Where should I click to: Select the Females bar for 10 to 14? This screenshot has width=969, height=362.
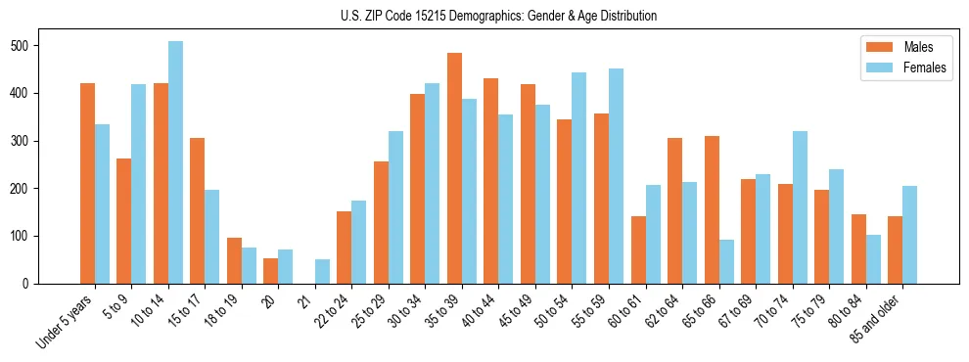pos(175,162)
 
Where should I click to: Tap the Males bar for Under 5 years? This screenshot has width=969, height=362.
pos(87,184)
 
